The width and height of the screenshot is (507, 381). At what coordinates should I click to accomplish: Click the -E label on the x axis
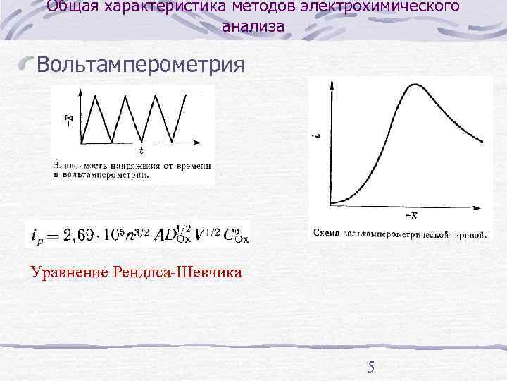coord(411,215)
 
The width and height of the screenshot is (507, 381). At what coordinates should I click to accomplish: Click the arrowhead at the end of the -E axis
coord(480,206)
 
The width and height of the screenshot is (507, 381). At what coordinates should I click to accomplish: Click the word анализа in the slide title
coord(253,27)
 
